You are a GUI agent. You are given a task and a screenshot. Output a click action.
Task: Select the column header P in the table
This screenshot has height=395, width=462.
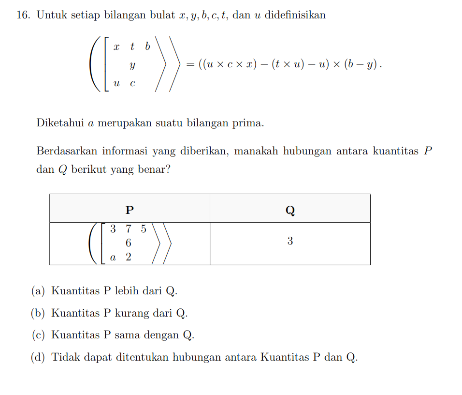click(130, 210)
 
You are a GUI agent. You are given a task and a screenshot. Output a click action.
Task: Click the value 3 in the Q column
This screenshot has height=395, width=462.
click(290, 241)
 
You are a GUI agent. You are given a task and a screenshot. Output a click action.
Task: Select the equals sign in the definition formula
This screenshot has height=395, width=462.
click(190, 64)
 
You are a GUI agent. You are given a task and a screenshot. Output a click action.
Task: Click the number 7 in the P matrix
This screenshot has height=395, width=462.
click(129, 228)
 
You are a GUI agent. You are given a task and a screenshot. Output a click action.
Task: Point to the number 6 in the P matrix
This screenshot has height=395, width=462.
click(129, 243)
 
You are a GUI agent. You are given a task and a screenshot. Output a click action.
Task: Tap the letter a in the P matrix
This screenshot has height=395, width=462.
click(113, 258)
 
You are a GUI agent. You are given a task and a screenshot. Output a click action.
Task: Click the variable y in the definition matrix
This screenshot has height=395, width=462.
click(132, 65)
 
